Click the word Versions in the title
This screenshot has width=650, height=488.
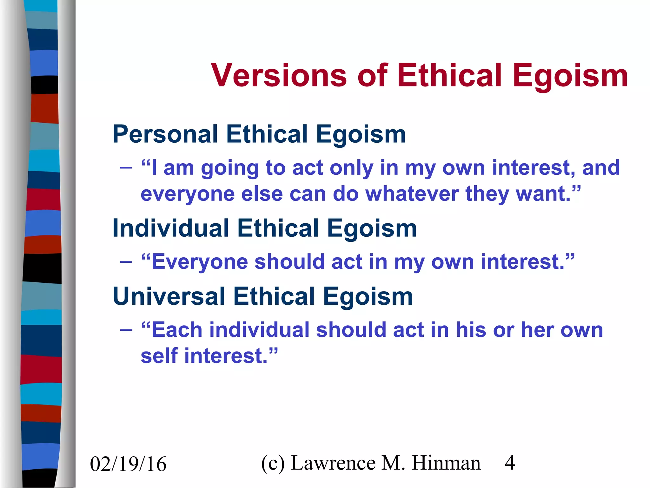(279, 76)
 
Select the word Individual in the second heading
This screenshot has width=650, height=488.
(170, 228)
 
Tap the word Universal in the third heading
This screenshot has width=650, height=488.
(169, 296)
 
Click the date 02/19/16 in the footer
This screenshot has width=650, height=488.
(128, 464)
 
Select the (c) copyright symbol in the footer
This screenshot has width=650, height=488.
(273, 463)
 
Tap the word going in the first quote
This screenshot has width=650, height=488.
(230, 168)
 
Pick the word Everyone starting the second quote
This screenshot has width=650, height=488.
(200, 262)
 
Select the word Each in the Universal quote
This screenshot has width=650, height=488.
(177, 330)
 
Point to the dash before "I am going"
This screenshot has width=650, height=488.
(126, 167)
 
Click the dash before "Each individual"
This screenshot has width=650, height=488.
(126, 330)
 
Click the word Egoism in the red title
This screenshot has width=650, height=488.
(570, 76)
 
